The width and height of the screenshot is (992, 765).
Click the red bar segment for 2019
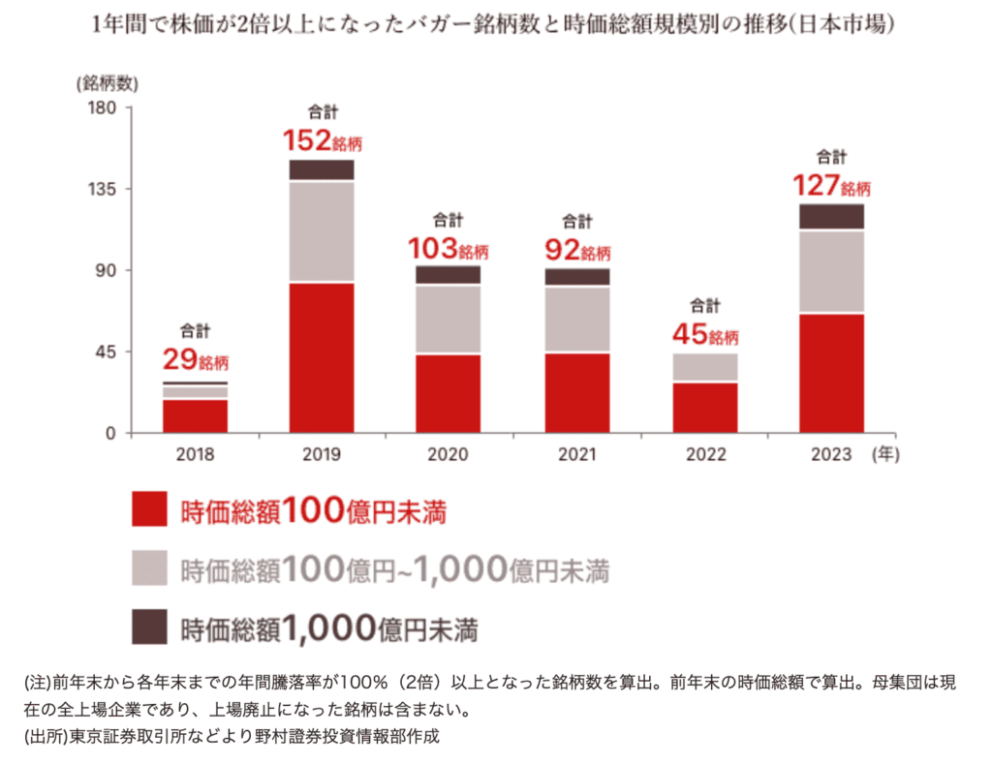322,357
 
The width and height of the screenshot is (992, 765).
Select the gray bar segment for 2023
831,271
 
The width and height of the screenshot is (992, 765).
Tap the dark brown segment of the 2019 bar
322,169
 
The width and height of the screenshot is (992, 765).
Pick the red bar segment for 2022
705,408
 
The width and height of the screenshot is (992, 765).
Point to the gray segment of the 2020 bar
449,319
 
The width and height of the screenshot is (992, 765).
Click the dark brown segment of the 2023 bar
831,216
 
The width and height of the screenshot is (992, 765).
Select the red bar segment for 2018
195,415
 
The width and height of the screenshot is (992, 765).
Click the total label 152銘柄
322,143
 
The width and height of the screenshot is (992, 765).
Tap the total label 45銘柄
705,335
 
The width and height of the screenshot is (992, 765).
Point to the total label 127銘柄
832,186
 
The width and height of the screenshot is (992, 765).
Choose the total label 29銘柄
195,361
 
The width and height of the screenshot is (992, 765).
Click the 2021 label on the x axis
576,454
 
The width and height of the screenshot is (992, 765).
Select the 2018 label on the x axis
195,454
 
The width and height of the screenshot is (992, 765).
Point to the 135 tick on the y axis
103,189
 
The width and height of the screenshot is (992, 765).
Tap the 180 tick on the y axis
103,107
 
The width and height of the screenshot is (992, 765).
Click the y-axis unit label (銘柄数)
104,82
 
